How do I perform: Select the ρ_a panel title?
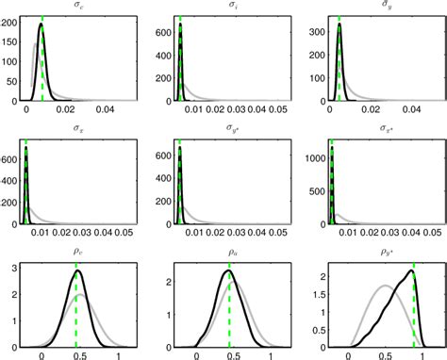[x=229, y=252]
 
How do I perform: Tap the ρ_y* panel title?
[x=384, y=252]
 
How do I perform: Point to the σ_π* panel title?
[x=384, y=128]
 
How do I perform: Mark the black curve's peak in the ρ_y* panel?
[x=411, y=271]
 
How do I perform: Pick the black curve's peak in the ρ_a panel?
[x=227, y=271]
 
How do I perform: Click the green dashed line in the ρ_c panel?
[x=76, y=311]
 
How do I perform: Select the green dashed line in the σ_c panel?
[x=43, y=57]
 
